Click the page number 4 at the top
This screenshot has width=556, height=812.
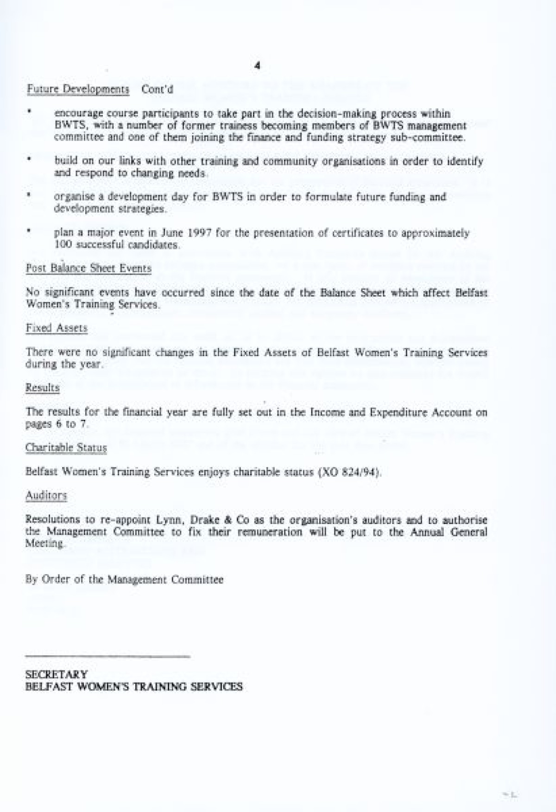258,65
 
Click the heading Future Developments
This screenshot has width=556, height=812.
77,89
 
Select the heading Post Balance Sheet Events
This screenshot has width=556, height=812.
88,268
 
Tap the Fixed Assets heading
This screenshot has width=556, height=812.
57,328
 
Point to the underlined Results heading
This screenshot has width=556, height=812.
43,388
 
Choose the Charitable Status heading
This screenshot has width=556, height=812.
66,448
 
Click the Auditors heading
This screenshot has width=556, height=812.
46,495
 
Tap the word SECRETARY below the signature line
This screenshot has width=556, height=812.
57,674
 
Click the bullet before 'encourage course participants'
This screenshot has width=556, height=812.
29,112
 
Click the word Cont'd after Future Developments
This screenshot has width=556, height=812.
157,89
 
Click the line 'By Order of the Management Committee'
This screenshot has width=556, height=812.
124,579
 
